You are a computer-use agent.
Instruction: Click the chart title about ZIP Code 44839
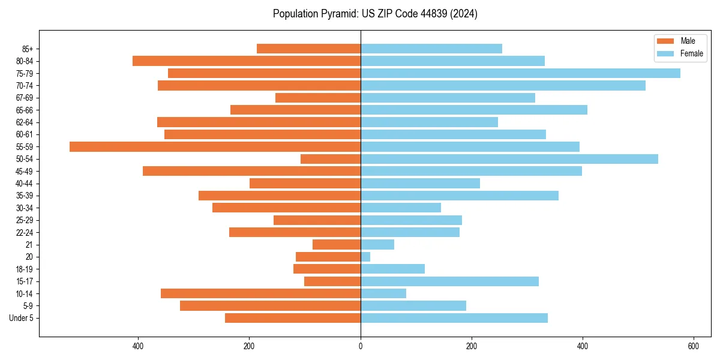pos(375,14)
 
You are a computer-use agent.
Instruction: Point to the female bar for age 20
pos(365,257)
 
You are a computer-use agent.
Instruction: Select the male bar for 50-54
pos(331,159)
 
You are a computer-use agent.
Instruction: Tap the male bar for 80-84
pos(247,61)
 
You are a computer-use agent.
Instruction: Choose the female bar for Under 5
pos(454,318)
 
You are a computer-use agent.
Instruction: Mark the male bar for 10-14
pos(260,293)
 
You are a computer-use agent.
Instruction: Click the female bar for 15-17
pos(449,281)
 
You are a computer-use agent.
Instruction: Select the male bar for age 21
pos(337,245)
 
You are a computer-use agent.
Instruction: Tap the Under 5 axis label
pos(21,318)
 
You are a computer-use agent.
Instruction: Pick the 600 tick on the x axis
pos(693,346)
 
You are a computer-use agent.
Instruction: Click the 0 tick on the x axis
pos(361,346)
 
